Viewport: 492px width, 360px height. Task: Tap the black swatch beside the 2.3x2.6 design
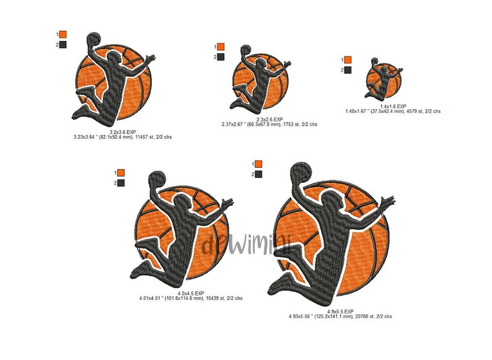pyautogui.click(x=222, y=57)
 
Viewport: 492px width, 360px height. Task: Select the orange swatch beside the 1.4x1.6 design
pyautogui.click(x=347, y=60)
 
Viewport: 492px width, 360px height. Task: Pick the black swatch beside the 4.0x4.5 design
pyautogui.click(x=120, y=183)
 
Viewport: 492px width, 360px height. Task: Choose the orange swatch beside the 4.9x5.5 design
pyautogui.click(x=258, y=164)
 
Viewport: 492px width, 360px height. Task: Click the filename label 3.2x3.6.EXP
pyautogui.click(x=123, y=132)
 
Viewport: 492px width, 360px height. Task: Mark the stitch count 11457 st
pyautogui.click(x=144, y=137)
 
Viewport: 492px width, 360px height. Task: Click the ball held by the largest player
pyautogui.click(x=301, y=172)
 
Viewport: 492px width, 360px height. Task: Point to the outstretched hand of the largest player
pyautogui.click(x=389, y=203)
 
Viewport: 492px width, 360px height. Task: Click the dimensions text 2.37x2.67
pyautogui.click(x=234, y=124)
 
